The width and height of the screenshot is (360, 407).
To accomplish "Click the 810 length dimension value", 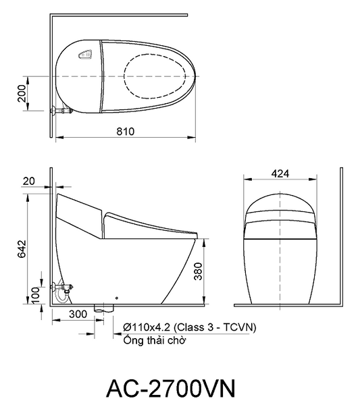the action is pos(126,132).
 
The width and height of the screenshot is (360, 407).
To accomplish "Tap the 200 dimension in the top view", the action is pos(22,93).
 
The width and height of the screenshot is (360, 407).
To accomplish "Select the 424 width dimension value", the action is pos(280,173).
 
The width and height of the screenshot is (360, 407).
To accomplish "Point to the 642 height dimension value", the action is pos(22,248).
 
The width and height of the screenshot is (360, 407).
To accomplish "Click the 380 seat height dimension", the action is pos(198,271).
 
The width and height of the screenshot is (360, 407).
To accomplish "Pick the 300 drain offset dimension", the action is pos(78,314).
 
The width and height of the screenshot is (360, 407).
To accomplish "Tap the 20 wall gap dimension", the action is pos(28,181).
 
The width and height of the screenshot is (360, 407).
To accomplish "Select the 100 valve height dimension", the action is pos(36,295).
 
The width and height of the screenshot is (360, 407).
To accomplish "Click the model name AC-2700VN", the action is pos(171,389).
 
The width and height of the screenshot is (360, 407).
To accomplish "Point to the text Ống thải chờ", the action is pos(155,340).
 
